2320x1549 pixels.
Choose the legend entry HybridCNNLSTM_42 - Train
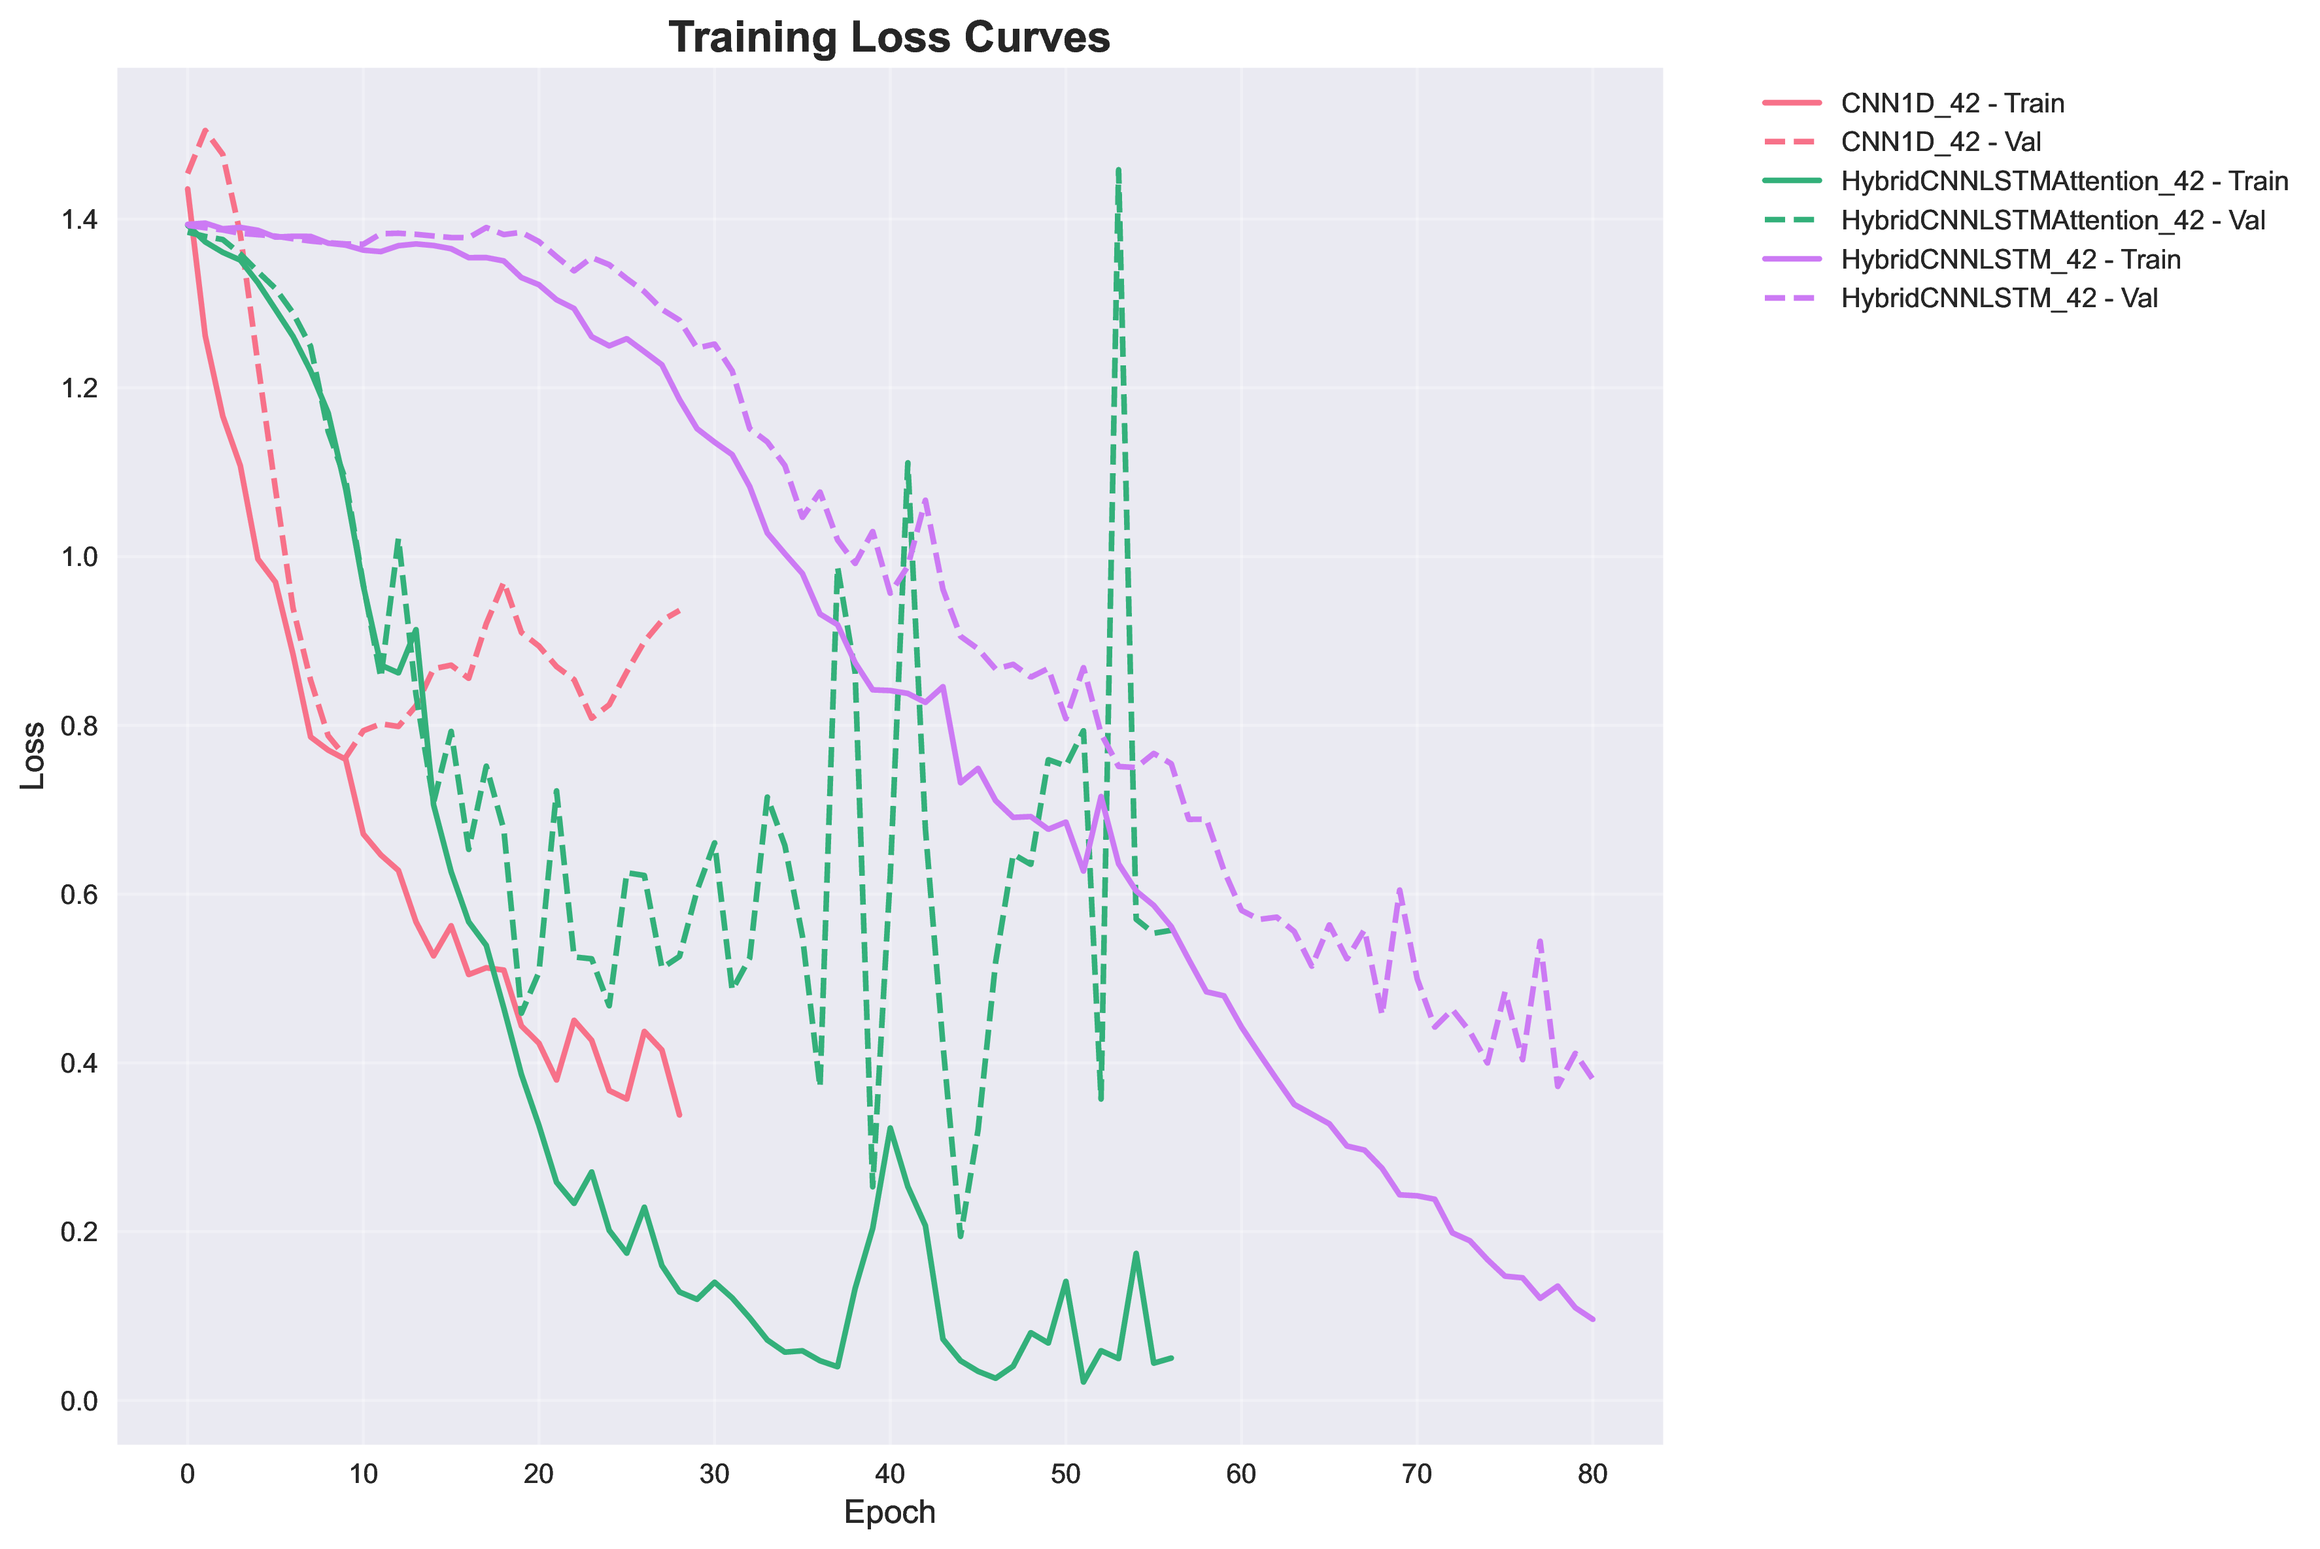[x=2010, y=259]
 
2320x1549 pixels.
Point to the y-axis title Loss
[x=33, y=755]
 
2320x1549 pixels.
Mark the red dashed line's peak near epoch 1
[x=205, y=129]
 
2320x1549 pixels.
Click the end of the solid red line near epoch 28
[x=679, y=1115]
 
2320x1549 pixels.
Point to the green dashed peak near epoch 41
[x=907, y=461]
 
